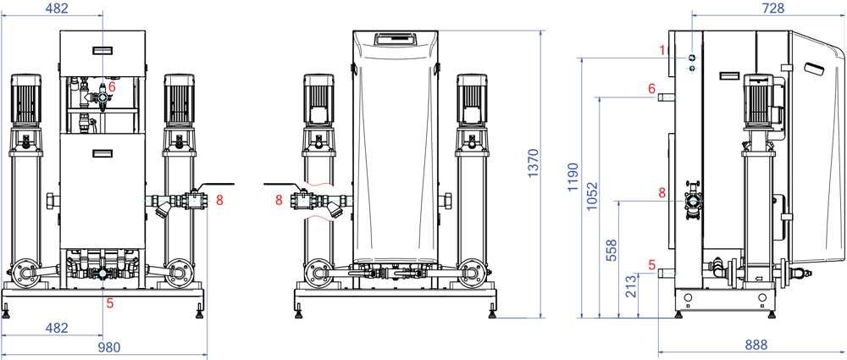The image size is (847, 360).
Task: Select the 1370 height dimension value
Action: click(x=534, y=163)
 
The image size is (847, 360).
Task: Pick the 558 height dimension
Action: click(x=612, y=250)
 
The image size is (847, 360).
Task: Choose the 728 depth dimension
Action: click(x=769, y=8)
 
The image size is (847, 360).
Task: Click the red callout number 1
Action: click(x=662, y=51)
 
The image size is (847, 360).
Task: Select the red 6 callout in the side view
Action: click(x=651, y=88)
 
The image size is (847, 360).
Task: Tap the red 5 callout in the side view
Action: click(x=651, y=265)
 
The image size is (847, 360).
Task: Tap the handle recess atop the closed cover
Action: click(x=396, y=39)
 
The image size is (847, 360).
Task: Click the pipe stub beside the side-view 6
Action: click(x=667, y=98)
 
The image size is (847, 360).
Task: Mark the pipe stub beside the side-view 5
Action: click(x=667, y=274)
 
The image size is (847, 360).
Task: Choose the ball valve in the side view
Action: click(x=693, y=200)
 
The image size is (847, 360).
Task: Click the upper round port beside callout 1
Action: click(x=693, y=58)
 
